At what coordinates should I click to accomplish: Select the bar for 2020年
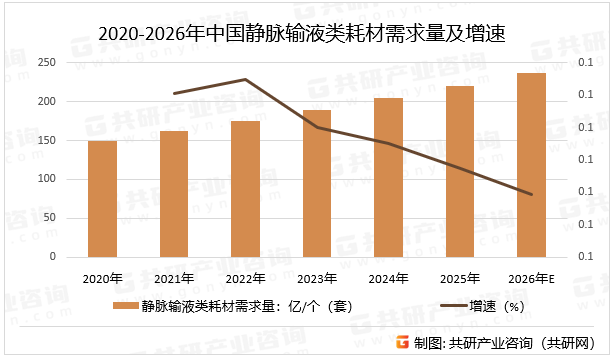coord(102,199)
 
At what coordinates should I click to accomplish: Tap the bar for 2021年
coord(174,194)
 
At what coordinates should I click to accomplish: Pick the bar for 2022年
coord(245,189)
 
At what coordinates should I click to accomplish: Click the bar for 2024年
coord(388,177)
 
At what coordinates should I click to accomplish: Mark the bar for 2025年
coord(460,171)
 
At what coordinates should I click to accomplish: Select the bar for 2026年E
coord(531,165)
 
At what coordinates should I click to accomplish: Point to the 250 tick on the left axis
coord(46,63)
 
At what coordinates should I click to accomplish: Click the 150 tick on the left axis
coord(46,141)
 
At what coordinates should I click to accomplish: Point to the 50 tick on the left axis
coord(49,219)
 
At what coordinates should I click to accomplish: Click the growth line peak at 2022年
coord(245,79)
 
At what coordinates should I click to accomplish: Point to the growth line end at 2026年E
coord(531,194)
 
